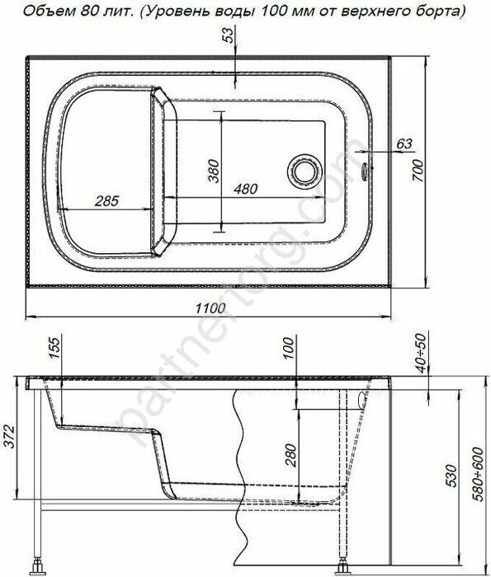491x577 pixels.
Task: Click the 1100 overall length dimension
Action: (x=210, y=307)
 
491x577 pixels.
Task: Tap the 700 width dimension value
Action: (x=418, y=170)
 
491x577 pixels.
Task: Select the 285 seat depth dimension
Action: (x=106, y=200)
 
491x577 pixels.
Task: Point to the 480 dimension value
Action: (x=246, y=189)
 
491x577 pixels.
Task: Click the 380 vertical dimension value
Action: (x=214, y=171)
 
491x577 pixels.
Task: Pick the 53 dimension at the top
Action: (x=229, y=35)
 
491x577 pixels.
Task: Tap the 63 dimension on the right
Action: (x=404, y=143)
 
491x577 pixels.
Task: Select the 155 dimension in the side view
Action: (x=54, y=346)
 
